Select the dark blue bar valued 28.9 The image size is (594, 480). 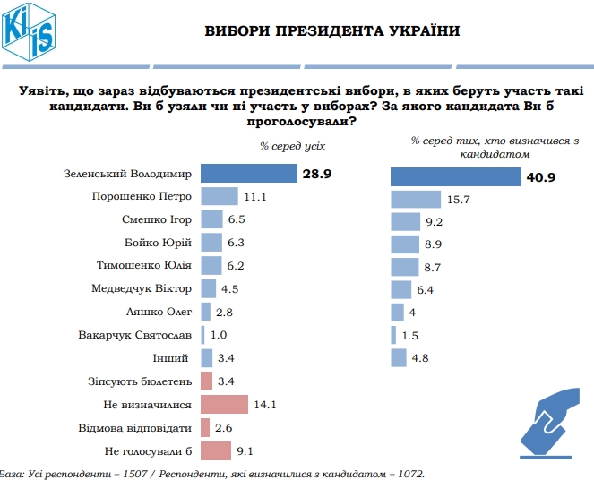(x=248, y=173)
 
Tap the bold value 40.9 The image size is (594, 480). (x=541, y=177)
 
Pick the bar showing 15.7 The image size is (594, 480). (x=416, y=200)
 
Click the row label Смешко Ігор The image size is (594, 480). (x=155, y=219)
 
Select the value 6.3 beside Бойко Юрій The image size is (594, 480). (x=237, y=243)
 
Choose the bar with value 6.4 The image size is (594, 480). (x=401, y=288)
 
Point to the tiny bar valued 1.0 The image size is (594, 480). (x=203, y=335)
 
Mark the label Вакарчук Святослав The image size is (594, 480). (x=134, y=335)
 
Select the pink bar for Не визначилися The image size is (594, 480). (x=224, y=404)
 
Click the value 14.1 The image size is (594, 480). (x=264, y=405)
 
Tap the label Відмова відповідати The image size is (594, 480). (x=134, y=427)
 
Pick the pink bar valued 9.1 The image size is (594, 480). (x=216, y=450)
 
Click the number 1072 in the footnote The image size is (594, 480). (x=408, y=473)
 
